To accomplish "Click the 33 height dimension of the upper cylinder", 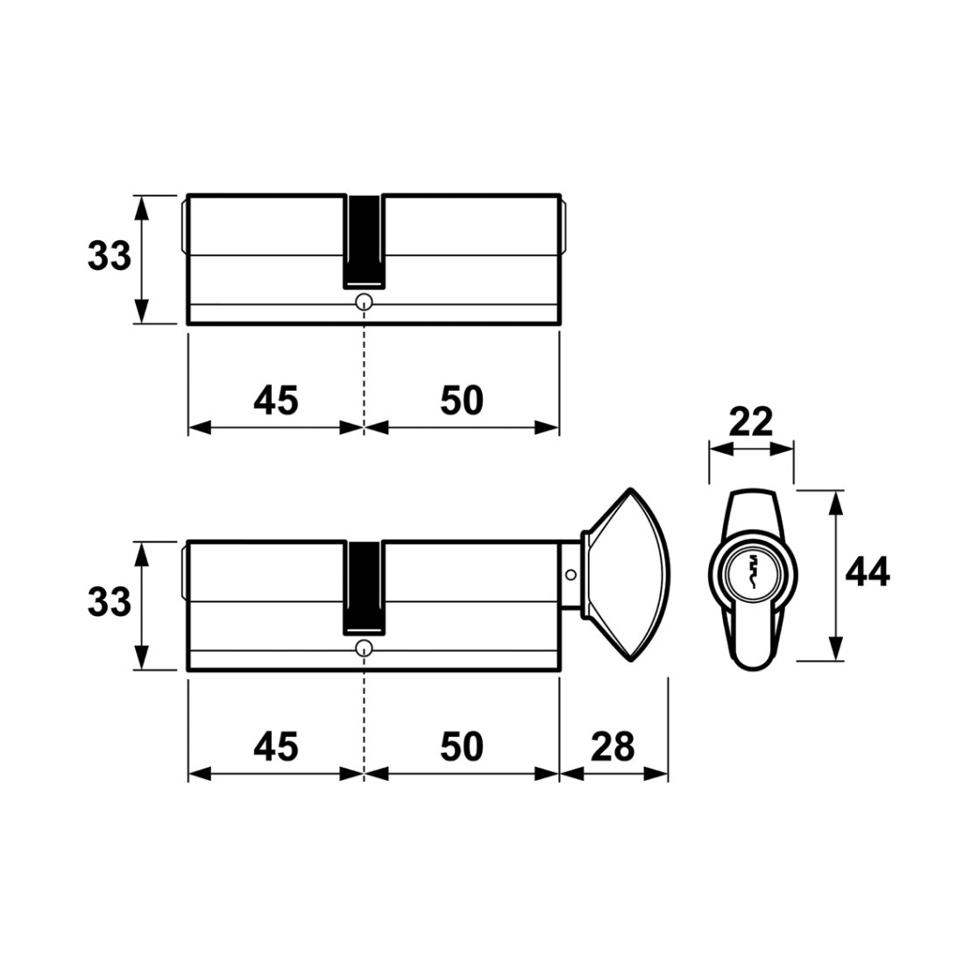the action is (110, 257).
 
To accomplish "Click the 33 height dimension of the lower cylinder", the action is (110, 603).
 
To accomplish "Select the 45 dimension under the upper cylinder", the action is (276, 400).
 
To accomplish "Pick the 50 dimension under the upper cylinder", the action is (462, 400).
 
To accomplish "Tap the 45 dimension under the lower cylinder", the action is (276, 747).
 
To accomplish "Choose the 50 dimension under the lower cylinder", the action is (462, 747).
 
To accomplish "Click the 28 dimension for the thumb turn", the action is (613, 747).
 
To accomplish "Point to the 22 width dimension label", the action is (751, 422).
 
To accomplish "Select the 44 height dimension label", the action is (868, 572).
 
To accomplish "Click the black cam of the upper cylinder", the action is (365, 241).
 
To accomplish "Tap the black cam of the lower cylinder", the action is (365, 587).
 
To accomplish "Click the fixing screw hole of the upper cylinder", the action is (364, 302).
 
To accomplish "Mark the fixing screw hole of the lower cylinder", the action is (364, 648).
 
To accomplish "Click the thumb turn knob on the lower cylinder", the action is (627, 575).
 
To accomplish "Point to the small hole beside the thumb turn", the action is (570, 575).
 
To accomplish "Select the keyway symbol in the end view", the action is (753, 572).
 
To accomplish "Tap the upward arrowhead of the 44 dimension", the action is (836, 503).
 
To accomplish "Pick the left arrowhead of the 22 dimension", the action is (720, 449).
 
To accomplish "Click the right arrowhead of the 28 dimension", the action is (656, 774).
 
